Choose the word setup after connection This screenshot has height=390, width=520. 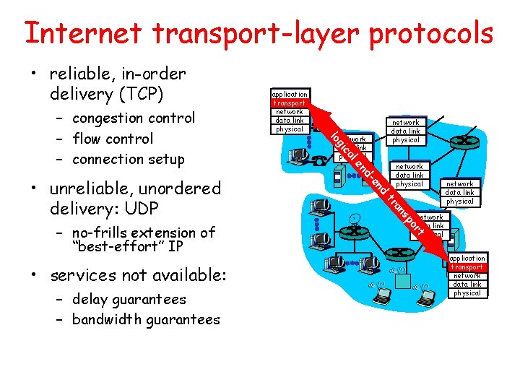(165, 160)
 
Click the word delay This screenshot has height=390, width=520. (90, 299)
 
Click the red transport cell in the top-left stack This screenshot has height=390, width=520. (289, 103)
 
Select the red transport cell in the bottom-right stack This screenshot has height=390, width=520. (467, 267)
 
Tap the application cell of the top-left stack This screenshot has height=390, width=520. (289, 94)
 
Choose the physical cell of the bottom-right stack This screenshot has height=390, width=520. (467, 293)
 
